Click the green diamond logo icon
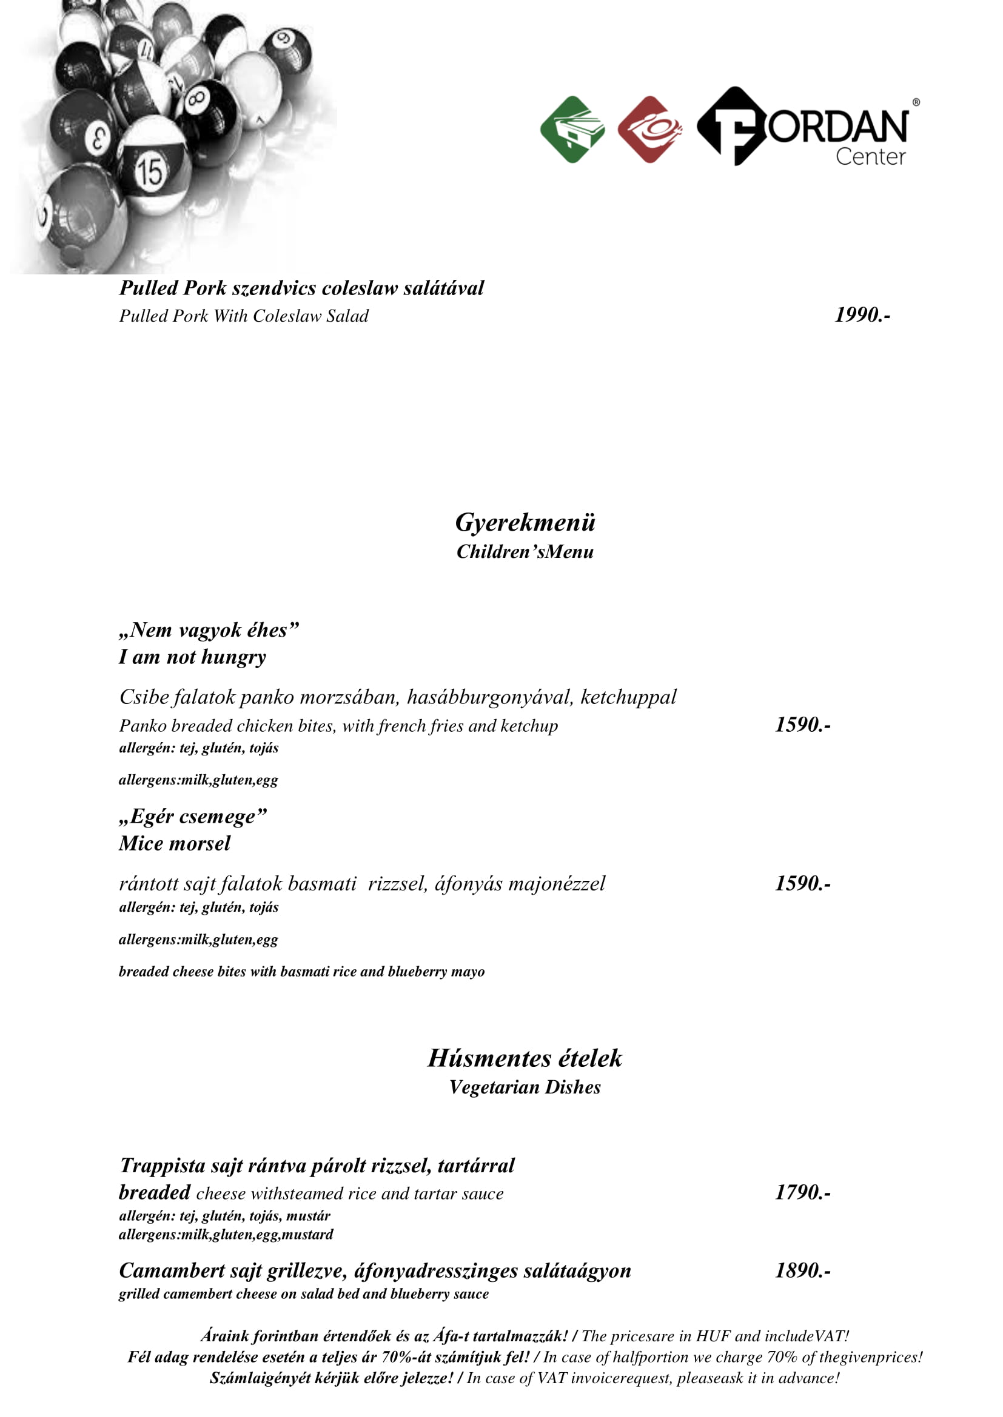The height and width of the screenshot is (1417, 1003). point(572,130)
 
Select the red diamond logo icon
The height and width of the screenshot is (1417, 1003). point(649,130)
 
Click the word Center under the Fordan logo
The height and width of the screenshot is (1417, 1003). point(870,157)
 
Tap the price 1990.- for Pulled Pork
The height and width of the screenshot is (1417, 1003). point(862,315)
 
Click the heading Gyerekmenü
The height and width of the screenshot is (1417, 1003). point(525,523)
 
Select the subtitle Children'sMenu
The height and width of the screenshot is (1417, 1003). point(525,552)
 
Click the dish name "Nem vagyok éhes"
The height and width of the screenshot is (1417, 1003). point(209,630)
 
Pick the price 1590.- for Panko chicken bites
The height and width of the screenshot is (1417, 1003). point(802,725)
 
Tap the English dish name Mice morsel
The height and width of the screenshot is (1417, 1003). point(175,844)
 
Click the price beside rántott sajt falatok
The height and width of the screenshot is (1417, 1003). point(802,884)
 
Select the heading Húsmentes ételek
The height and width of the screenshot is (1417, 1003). point(525,1058)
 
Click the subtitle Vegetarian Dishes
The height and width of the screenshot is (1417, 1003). point(525,1087)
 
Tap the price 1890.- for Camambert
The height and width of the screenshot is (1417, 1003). point(802,1271)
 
